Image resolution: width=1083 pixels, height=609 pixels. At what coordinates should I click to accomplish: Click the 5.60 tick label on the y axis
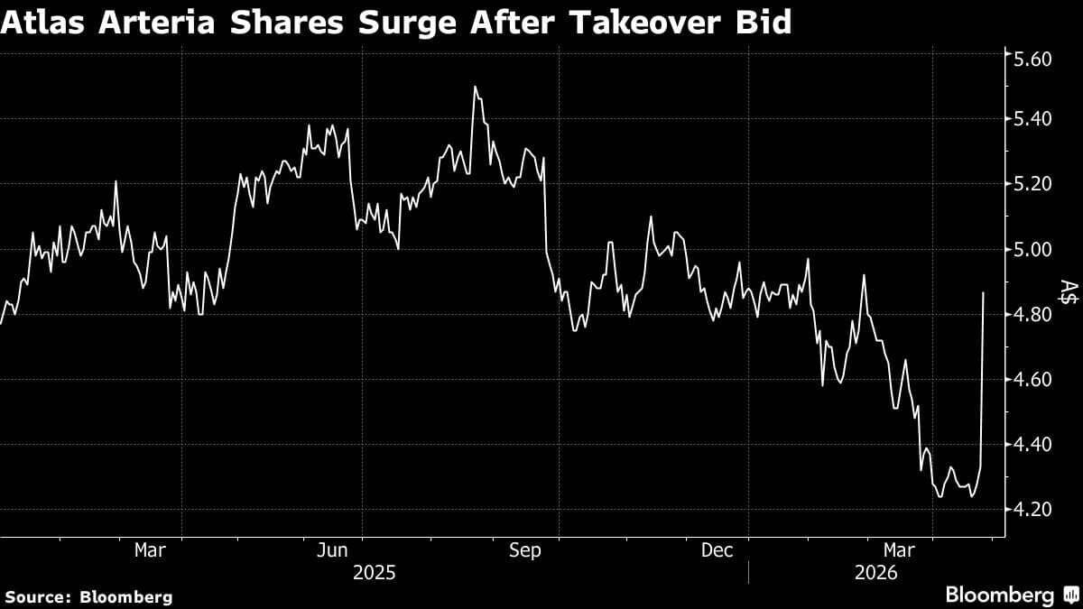tap(1035, 59)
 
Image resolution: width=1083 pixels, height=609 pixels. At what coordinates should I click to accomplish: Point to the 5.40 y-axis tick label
tap(1035, 119)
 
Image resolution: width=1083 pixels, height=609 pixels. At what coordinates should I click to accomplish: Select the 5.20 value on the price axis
tap(1035, 184)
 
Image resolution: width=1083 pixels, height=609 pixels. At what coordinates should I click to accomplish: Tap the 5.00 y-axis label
tap(1035, 249)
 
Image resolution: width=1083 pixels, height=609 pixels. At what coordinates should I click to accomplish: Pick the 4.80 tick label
tap(1035, 314)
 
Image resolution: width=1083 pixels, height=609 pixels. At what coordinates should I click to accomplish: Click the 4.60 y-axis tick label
tap(1035, 379)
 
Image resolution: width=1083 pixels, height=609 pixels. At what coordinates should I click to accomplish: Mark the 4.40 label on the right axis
tap(1035, 444)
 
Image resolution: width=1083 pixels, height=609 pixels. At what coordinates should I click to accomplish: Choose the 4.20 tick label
tap(1035, 509)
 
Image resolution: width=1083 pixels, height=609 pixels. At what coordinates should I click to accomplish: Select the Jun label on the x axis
tap(333, 550)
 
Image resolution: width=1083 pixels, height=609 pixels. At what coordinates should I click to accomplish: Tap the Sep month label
tap(524, 550)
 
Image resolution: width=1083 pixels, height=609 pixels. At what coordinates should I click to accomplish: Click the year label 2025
tap(375, 573)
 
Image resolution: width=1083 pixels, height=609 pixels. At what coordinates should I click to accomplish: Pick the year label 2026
tap(875, 573)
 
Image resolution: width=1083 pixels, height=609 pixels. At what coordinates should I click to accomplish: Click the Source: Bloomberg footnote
tap(88, 596)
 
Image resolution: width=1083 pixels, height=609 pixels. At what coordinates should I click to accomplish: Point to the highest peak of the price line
tap(475, 87)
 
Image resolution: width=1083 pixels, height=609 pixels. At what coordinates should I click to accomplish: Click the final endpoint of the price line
tap(983, 292)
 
